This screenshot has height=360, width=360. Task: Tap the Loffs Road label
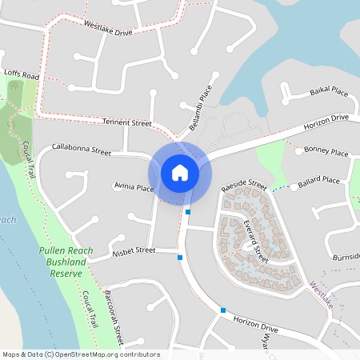[x=22, y=74]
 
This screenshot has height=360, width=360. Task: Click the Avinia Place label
[x=133, y=188]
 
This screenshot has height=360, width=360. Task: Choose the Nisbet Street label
[x=134, y=250]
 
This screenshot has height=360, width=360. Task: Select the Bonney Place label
[x=326, y=151]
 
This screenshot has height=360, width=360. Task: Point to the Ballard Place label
[x=318, y=182]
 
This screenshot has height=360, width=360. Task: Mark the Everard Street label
[x=256, y=241]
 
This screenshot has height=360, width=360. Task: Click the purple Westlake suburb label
[x=326, y=298]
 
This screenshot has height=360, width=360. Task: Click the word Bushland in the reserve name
[x=66, y=262]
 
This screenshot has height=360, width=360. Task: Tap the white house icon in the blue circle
[x=180, y=172]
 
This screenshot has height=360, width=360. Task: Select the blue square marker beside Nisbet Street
[x=180, y=257]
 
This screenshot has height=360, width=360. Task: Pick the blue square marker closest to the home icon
[x=188, y=212]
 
